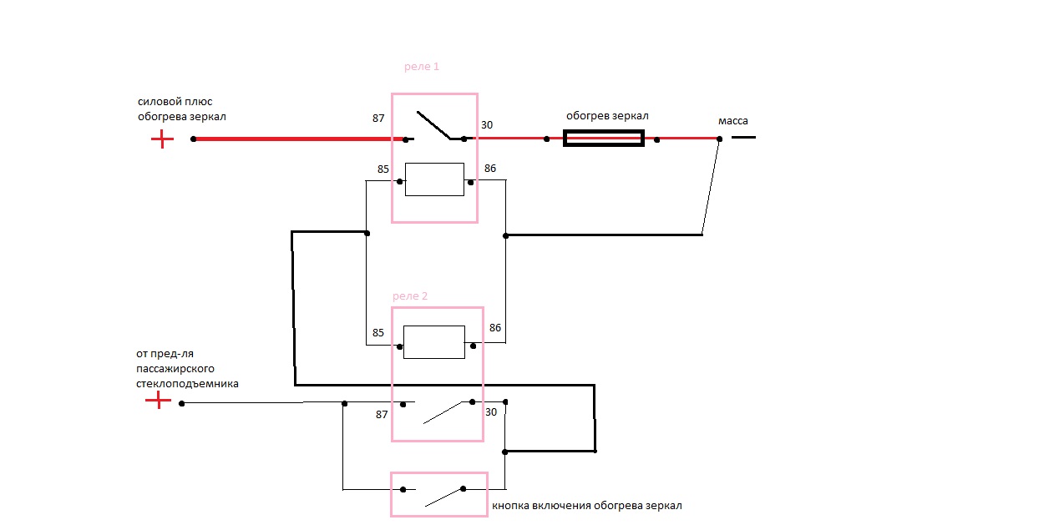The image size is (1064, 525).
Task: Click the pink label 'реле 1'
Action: click(421, 67)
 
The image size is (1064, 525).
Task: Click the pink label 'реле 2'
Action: click(410, 296)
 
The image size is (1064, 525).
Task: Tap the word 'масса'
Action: click(732, 121)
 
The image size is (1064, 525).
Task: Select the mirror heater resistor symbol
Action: click(604, 139)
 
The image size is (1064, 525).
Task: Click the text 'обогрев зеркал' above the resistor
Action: click(607, 116)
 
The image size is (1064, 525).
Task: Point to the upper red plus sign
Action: click(162, 139)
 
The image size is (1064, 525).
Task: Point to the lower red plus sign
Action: click(158, 401)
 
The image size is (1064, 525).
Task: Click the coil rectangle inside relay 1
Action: click(434, 179)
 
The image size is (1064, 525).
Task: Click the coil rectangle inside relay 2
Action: click(433, 342)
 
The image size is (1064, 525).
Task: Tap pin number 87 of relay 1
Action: click(378, 119)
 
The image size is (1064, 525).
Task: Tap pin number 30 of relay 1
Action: click(486, 125)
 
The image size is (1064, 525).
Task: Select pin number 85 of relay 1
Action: click(383, 169)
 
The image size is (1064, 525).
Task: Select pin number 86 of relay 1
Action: click(489, 169)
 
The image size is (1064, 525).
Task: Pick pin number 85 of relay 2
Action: click(378, 333)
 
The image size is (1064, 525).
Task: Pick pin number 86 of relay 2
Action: click(495, 328)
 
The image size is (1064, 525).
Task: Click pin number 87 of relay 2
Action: click(382, 415)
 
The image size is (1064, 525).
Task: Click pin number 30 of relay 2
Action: click(491, 411)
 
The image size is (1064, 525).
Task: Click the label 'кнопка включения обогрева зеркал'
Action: click(587, 506)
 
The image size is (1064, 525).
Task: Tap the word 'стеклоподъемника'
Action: click(187, 384)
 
